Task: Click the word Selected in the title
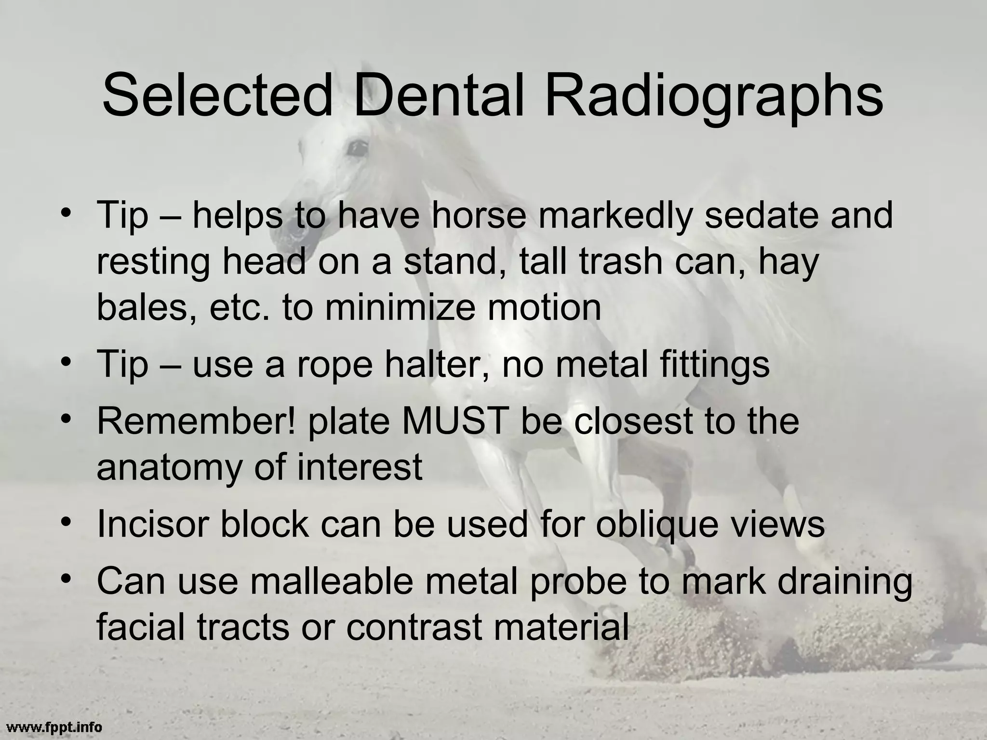pyautogui.click(x=217, y=95)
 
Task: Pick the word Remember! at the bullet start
pyautogui.click(x=196, y=421)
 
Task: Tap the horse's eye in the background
pyautogui.click(x=358, y=147)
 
